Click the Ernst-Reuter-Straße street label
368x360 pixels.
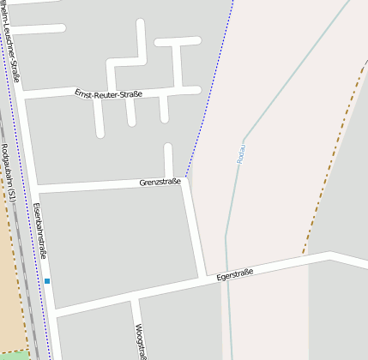click(108, 93)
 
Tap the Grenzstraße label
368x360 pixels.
click(160, 182)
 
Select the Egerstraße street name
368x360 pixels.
click(235, 275)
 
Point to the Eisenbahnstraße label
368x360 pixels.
click(40, 231)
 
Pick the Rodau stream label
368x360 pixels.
click(244, 154)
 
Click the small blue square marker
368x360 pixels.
click(47, 281)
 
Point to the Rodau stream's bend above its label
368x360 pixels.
click(245, 136)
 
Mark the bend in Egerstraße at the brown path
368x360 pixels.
click(329, 255)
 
